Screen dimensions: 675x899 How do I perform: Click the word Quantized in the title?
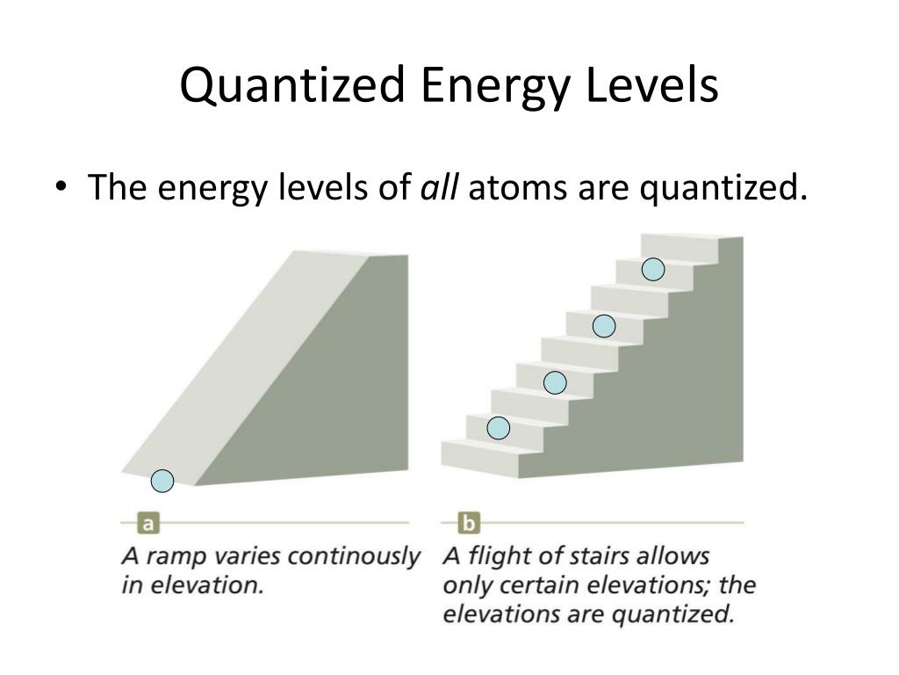click(x=293, y=87)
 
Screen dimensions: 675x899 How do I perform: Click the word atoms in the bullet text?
click(x=519, y=187)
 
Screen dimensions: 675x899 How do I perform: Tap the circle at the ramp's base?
click(x=162, y=481)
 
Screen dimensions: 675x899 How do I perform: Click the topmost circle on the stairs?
click(x=653, y=270)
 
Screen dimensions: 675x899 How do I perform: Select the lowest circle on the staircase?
click(x=499, y=428)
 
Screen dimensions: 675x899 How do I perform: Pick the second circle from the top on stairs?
click(x=604, y=326)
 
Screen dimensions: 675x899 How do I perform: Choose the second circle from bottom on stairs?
click(x=555, y=382)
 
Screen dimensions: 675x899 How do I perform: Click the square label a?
click(x=148, y=524)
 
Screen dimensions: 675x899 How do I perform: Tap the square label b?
click(x=470, y=524)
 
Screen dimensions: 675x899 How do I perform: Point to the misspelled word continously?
click(x=355, y=557)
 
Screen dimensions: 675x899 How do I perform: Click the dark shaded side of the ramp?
click(x=351, y=378)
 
